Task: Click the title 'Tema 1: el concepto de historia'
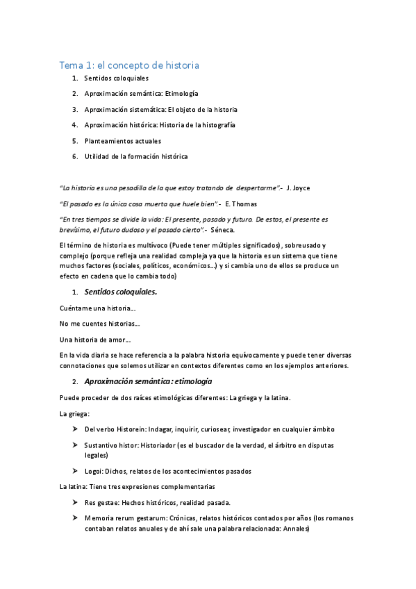[x=128, y=65]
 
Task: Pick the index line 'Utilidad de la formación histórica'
[x=136, y=156]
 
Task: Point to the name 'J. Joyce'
[x=300, y=188]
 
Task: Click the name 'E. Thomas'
[x=243, y=203]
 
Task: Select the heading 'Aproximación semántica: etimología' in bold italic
[x=148, y=382]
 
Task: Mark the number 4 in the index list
[x=74, y=126]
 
